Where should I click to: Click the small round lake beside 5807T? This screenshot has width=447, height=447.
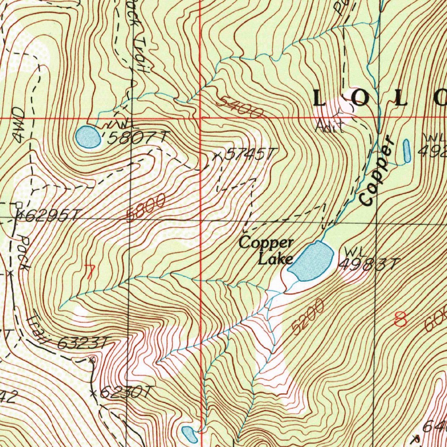(87, 137)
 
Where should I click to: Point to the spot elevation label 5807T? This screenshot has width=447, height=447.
(137, 138)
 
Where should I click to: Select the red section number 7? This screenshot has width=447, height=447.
(89, 272)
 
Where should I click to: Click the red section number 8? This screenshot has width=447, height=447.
(400, 320)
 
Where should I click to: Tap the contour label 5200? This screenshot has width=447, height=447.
(309, 316)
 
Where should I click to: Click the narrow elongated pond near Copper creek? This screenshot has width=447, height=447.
(407, 151)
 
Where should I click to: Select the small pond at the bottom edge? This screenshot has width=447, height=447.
(189, 434)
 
